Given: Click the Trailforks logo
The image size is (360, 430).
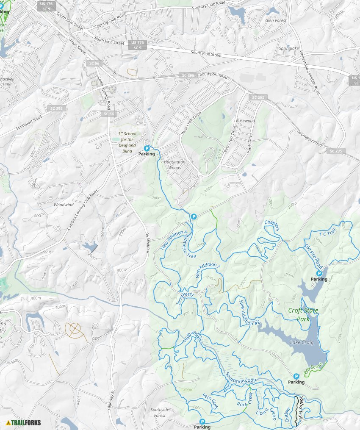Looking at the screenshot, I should click(x=24, y=422).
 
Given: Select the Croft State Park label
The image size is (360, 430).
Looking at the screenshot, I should click(x=303, y=314).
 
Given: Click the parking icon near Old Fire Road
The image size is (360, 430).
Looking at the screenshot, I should click(x=319, y=274).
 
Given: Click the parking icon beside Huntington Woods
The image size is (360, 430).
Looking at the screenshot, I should click(x=147, y=148).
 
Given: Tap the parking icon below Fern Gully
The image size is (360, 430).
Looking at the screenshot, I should click(x=202, y=422).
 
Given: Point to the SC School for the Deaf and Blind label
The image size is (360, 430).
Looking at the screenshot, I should click(x=127, y=142).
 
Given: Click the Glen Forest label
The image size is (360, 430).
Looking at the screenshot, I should click(x=276, y=20).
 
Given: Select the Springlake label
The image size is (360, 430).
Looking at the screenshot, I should click(x=288, y=49).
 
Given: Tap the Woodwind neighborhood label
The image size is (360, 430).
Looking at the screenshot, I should click(x=64, y=205).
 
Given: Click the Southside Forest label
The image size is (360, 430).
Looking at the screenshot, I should click(x=160, y=413).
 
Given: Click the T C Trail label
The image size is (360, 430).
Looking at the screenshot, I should click(x=327, y=234).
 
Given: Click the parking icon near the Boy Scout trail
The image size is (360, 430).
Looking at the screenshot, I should click(x=296, y=376).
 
